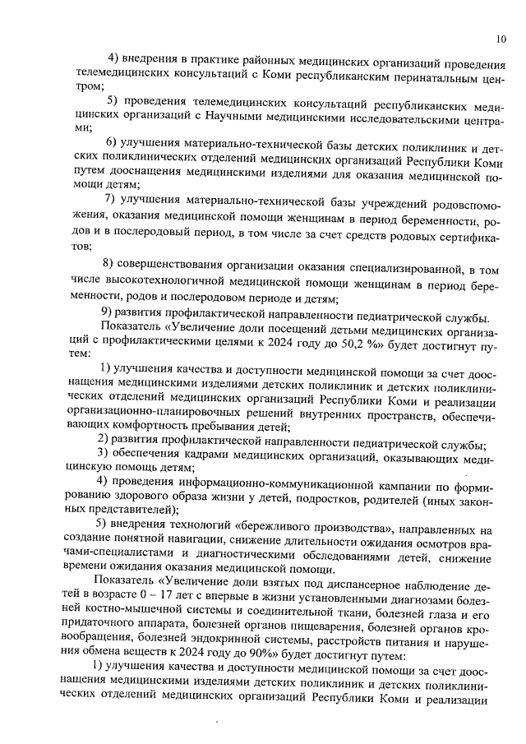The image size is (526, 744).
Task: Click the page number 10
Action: pos(501,37)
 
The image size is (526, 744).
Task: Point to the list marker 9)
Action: pos(106,319)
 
